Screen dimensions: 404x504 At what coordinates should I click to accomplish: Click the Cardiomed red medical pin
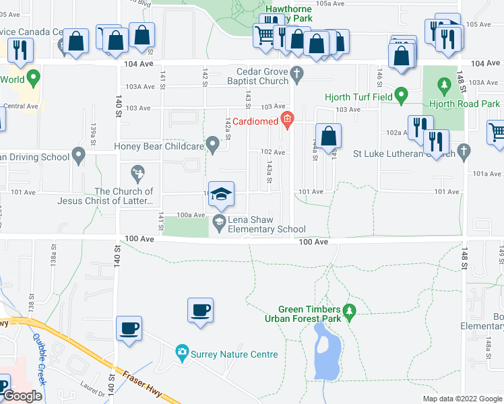click(288, 121)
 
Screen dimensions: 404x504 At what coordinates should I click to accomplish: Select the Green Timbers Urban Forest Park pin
click(348, 311)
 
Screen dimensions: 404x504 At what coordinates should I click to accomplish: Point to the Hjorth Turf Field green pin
click(402, 96)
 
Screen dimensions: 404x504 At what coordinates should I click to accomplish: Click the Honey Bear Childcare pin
click(213, 144)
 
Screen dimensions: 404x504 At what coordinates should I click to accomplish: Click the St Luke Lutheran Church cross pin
click(462, 151)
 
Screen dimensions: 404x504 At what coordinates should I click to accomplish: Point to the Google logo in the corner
click(22, 396)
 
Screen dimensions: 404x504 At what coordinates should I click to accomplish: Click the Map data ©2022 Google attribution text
click(462, 399)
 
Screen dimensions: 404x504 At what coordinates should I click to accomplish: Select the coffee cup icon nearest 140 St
click(129, 329)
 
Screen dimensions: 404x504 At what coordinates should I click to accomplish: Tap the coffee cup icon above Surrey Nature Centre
click(201, 310)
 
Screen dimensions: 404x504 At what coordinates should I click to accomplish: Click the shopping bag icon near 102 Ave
click(328, 136)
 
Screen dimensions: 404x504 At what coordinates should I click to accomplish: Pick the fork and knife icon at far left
click(20, 49)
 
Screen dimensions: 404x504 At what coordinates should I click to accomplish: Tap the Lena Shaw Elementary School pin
click(218, 222)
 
